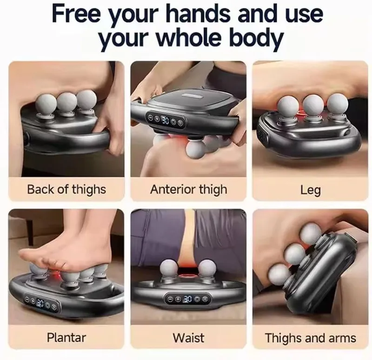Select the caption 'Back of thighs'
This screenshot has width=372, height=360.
[66, 190]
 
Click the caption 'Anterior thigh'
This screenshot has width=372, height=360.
[189, 190]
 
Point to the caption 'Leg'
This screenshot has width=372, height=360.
[310, 190]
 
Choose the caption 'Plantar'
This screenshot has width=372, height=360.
[66, 338]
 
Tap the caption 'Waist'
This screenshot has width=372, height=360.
[188, 338]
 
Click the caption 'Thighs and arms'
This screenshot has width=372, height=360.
[310, 338]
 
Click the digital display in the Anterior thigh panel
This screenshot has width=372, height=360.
[166, 120]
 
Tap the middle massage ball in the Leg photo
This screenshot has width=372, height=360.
[313, 105]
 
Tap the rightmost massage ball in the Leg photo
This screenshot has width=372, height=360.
[338, 104]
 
